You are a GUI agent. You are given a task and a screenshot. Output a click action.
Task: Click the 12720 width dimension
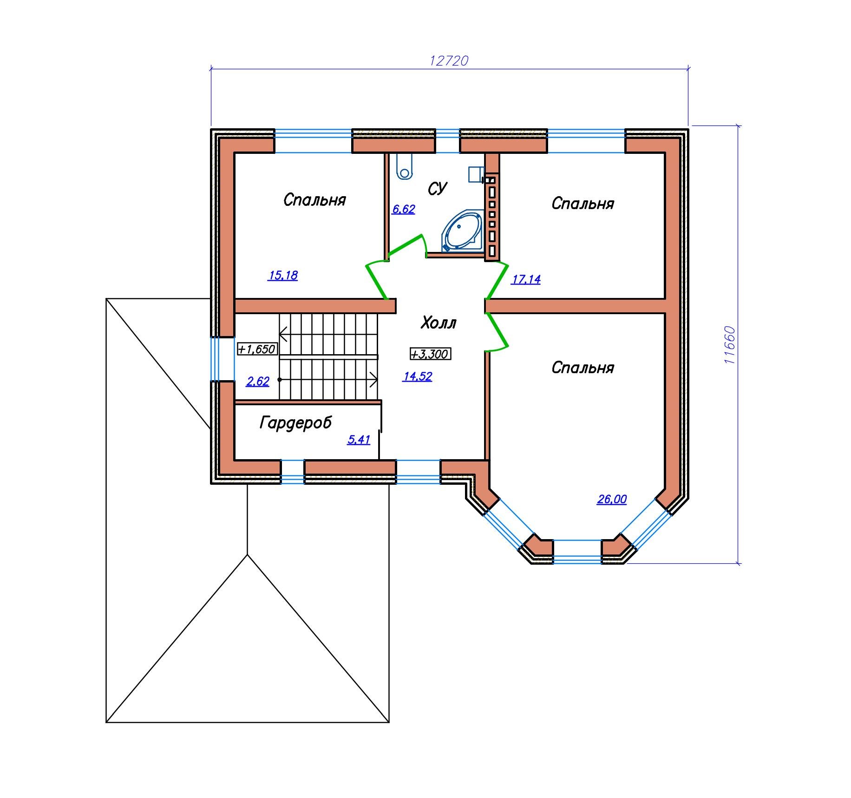(449, 61)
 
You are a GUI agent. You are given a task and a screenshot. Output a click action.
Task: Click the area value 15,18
(283, 275)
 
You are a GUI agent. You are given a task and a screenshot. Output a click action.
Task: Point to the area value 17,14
(526, 279)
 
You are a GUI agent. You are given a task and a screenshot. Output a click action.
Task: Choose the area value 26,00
(612, 499)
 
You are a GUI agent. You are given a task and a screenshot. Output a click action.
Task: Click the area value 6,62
(404, 209)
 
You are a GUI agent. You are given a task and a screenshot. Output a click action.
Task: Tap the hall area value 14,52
(418, 376)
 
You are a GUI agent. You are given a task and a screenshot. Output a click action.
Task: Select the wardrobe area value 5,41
(359, 440)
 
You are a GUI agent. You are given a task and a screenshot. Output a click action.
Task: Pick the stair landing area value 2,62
(258, 382)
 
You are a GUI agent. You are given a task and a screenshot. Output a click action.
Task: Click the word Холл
(439, 323)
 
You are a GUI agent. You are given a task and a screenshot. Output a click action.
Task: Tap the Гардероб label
(296, 423)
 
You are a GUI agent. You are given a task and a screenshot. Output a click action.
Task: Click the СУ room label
(437, 189)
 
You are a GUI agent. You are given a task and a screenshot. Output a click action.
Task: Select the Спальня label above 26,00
(583, 368)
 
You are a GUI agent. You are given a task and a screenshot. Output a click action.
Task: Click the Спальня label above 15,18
(315, 200)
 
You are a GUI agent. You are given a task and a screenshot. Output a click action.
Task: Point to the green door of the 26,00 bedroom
(498, 331)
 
